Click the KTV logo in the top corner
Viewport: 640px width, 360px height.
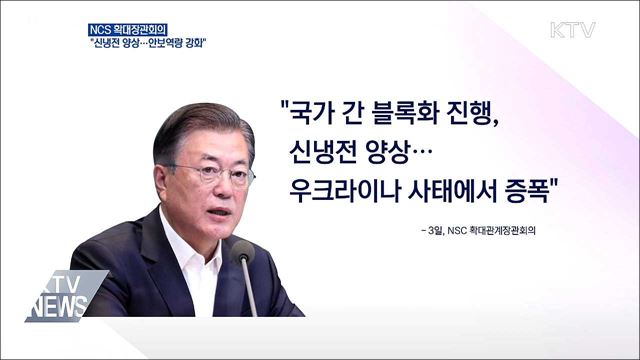tap(572, 29)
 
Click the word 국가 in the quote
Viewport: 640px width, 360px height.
tap(317, 109)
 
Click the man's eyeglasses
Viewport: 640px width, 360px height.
tap(212, 171)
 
